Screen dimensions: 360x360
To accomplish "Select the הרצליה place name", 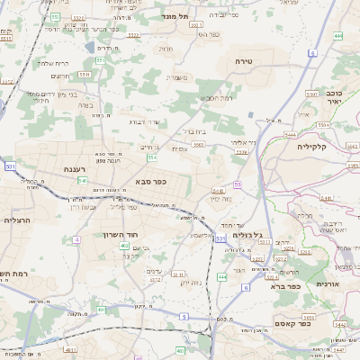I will point(18,220).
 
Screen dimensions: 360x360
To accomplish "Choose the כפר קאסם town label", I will point(318,323).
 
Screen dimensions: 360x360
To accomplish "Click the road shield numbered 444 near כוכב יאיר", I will point(337,36).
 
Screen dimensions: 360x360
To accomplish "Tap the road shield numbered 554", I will point(152,157).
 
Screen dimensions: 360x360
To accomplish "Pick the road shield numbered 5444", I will point(291,133).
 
